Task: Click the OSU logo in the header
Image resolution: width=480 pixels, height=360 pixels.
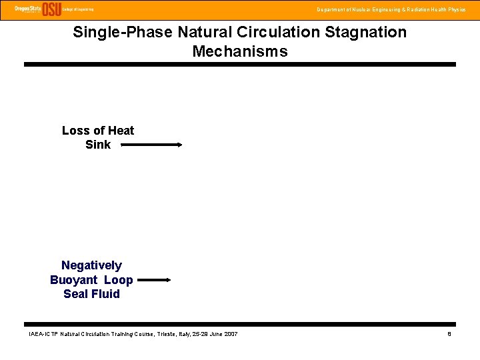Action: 51,9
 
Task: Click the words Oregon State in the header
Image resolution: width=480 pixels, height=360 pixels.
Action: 27,7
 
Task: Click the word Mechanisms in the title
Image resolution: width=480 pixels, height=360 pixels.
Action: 240,51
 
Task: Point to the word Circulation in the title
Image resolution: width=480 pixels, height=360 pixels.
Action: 275,32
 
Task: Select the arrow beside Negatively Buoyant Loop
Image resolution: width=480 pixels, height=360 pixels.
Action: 153,281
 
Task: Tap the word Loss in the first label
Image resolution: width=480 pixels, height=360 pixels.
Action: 75,131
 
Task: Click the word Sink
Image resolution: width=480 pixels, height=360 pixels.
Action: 98,145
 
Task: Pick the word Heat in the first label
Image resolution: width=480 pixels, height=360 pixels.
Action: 120,131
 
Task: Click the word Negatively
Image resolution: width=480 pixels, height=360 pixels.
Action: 91,265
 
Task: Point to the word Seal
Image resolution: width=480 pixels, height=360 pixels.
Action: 77,294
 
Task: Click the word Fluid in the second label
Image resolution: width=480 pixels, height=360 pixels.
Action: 106,294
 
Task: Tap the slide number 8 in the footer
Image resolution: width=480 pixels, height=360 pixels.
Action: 449,333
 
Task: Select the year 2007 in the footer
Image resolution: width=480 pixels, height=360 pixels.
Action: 230,333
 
